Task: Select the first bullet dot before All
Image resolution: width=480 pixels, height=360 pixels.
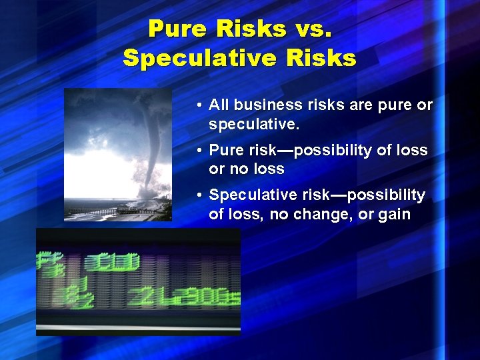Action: click(x=199, y=106)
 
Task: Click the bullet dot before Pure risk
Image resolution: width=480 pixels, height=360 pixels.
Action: click(x=199, y=151)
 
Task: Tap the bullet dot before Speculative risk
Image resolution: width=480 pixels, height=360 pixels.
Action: click(x=199, y=195)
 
